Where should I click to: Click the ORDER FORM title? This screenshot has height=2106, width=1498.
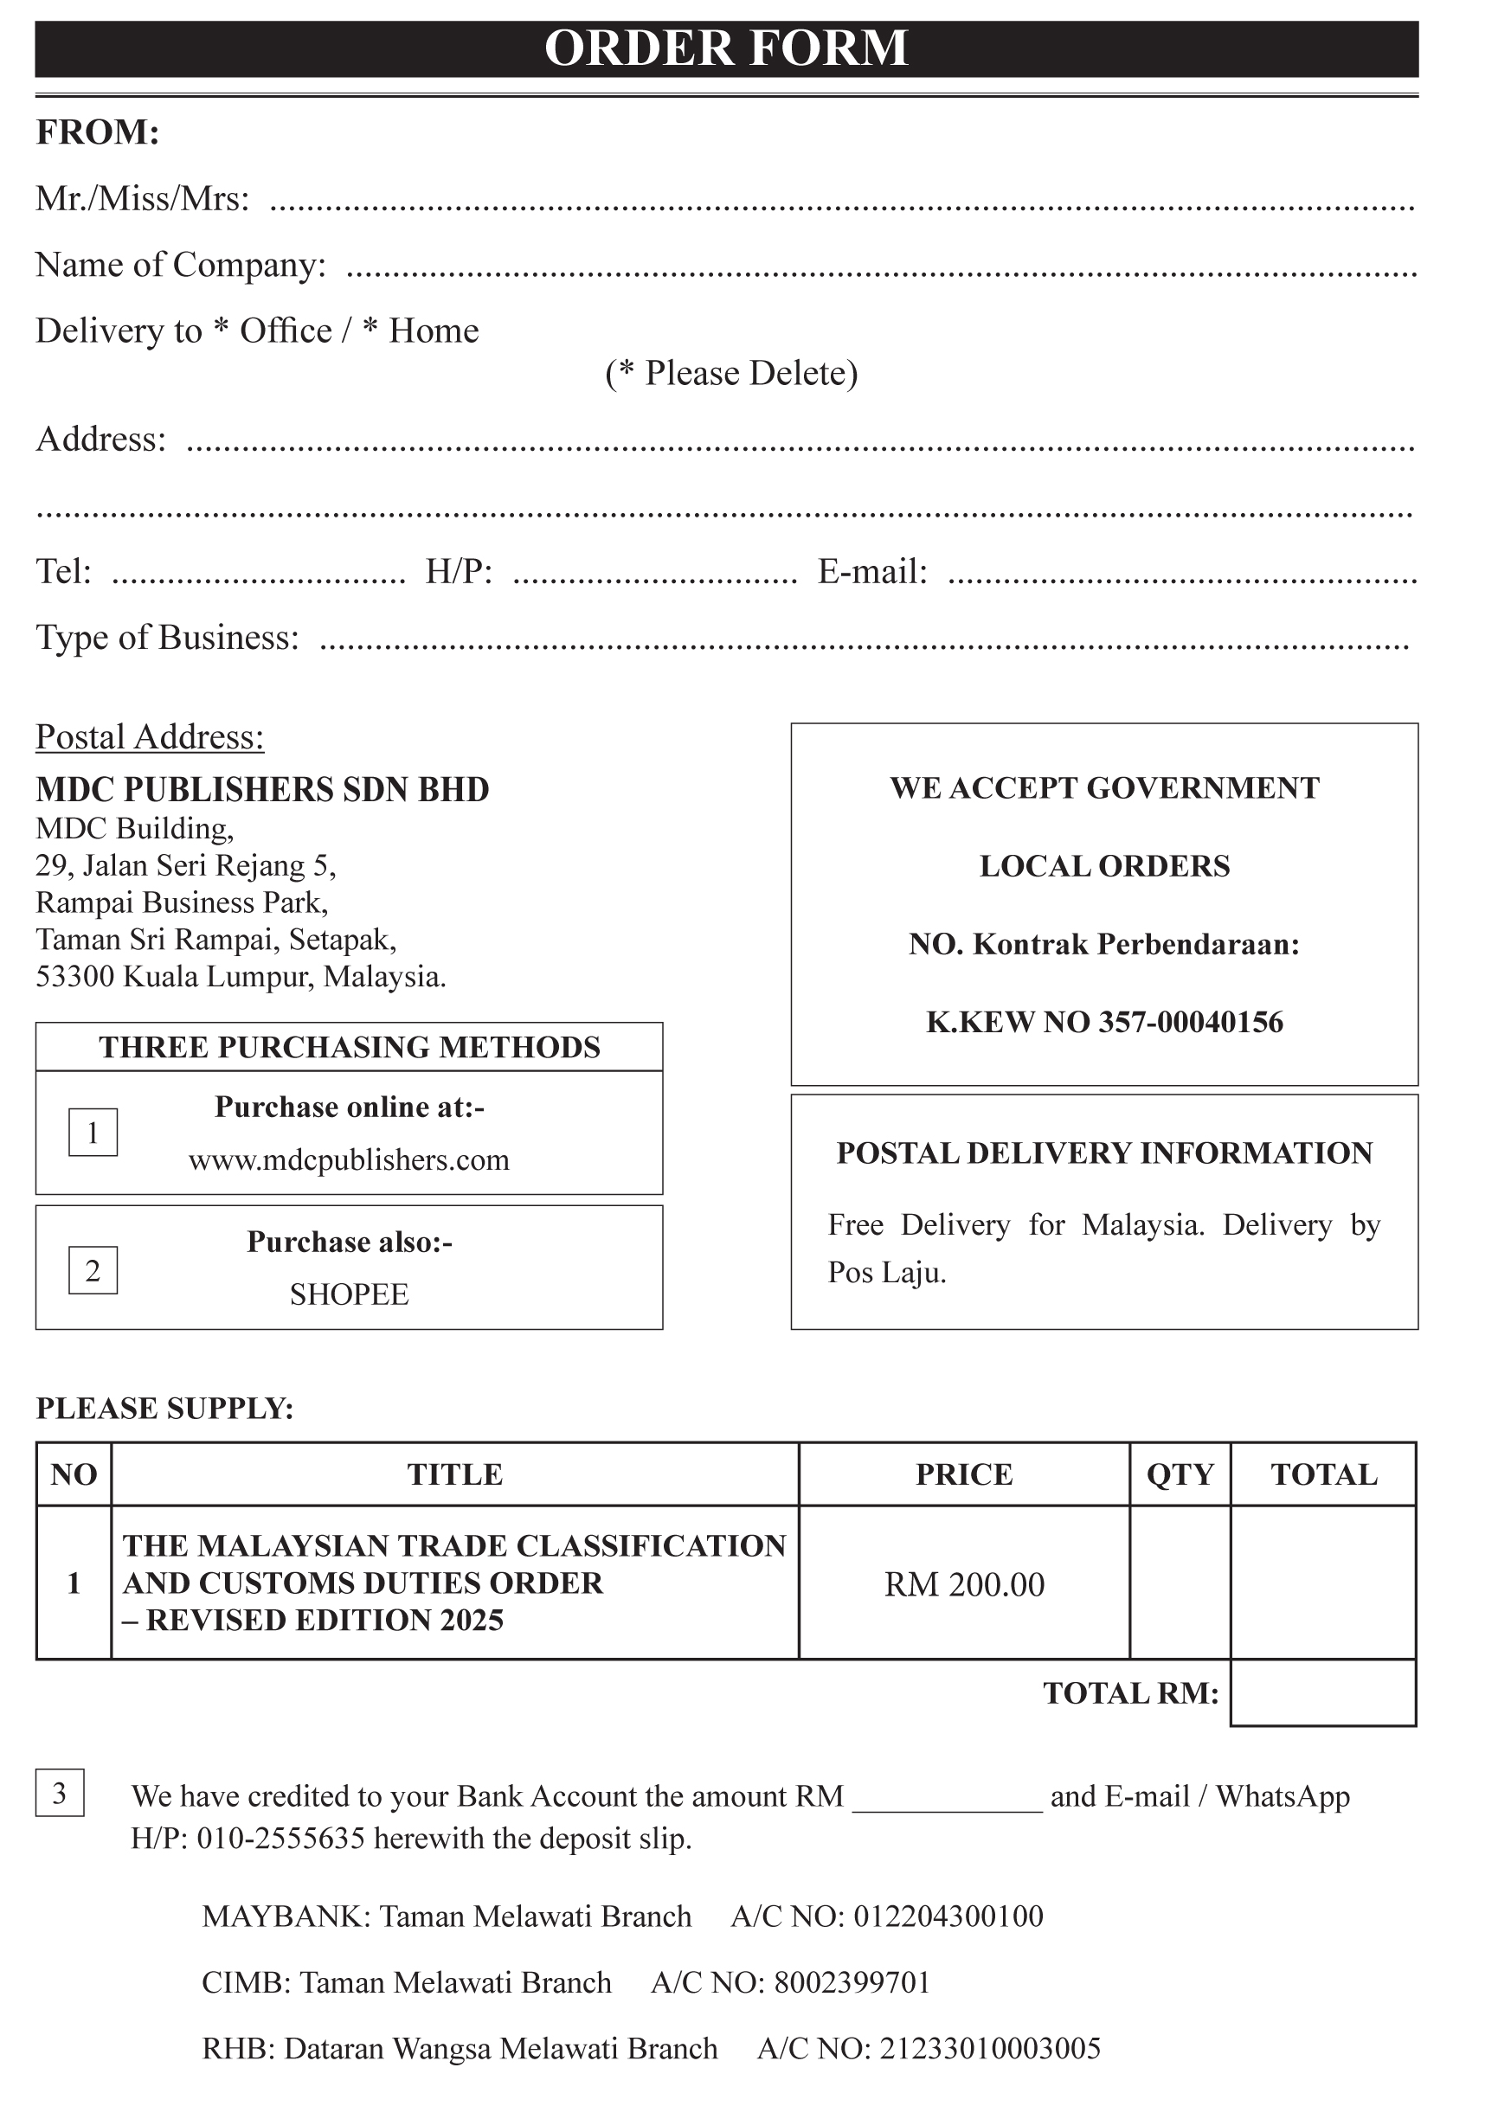coord(726,48)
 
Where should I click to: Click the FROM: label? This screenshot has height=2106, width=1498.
coord(98,132)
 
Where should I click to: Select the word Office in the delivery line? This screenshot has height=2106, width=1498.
coord(286,331)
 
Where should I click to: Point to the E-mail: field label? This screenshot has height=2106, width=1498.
coord(871,572)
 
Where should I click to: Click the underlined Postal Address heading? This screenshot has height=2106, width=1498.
coord(150,736)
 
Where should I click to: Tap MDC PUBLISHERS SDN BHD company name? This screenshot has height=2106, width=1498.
coord(262,789)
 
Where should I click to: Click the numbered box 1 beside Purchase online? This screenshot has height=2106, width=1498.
coord(93,1133)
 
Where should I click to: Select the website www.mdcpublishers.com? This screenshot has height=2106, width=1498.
coord(349,1159)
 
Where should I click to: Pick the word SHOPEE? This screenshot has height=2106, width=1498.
coord(349,1294)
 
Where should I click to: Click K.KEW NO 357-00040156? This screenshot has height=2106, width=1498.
coord(1104,1022)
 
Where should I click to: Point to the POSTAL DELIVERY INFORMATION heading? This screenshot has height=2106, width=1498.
coord(1104,1153)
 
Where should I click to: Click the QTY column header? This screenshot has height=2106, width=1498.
coord(1180,1474)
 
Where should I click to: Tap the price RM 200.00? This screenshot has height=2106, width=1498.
coord(964,1584)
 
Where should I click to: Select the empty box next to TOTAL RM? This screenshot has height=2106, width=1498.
coord(1322,1693)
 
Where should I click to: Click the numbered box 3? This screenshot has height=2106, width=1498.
coord(60,1794)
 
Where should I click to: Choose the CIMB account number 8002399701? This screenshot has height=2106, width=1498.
coord(852,1982)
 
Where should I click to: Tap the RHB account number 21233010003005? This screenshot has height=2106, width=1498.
coord(990,2049)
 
